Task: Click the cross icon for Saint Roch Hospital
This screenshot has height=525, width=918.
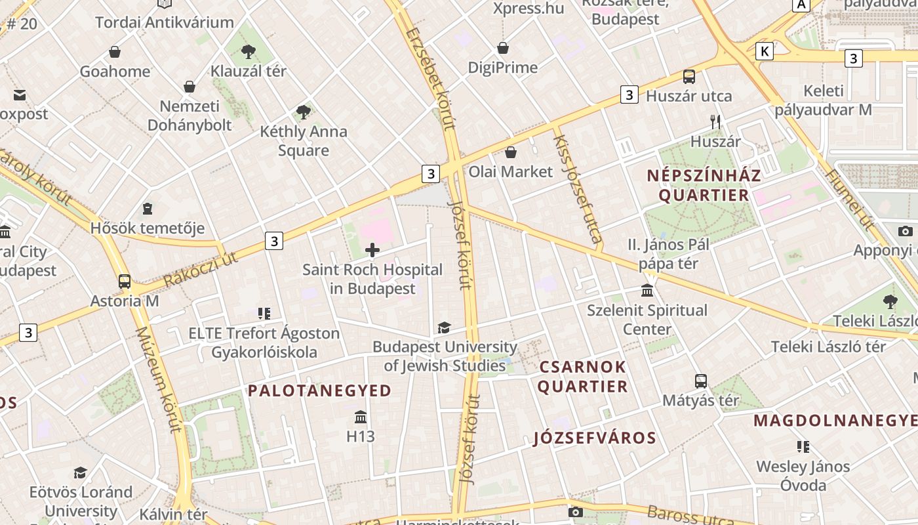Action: (372, 250)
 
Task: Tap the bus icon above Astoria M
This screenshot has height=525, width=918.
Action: (125, 282)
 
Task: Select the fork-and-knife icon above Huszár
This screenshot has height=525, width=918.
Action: (715, 121)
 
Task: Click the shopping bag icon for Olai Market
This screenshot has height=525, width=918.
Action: (511, 152)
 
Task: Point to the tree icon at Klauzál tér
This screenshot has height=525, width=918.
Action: (249, 51)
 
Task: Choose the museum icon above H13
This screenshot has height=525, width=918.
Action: (360, 417)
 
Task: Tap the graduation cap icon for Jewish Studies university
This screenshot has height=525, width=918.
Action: (445, 327)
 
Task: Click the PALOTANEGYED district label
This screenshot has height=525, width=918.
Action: (319, 390)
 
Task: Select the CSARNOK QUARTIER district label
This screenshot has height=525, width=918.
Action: (582, 377)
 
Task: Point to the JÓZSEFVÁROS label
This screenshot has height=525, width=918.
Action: (595, 438)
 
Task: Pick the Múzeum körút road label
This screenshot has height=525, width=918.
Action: (157, 381)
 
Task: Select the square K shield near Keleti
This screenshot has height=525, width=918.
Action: (764, 51)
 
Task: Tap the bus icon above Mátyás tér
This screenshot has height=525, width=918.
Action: (700, 381)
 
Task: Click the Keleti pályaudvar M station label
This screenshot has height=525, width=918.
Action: (824, 100)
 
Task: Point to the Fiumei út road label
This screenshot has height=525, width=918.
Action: (850, 200)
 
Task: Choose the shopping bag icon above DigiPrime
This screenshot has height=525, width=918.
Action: (503, 48)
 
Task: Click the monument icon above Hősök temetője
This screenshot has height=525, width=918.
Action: (148, 209)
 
